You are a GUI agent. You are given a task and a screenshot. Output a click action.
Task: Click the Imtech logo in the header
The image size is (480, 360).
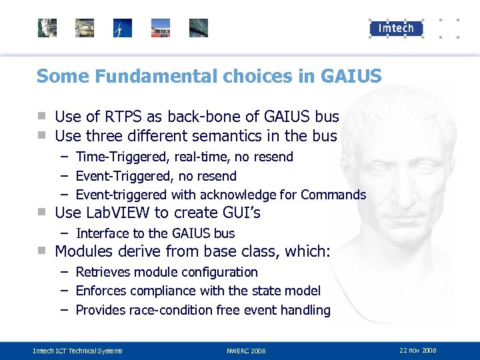point(396,28)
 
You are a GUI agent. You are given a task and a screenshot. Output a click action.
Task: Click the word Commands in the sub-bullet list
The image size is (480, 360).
point(333,195)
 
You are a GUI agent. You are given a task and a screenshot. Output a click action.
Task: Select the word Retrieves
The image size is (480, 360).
point(103,272)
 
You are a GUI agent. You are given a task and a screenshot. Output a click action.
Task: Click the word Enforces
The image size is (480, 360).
point(102,291)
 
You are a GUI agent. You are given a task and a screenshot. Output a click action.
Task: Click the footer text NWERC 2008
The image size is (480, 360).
point(246,351)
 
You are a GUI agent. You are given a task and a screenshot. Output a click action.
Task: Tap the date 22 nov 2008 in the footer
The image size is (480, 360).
point(418,350)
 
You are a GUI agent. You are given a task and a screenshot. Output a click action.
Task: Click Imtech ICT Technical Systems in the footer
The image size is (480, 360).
point(77,351)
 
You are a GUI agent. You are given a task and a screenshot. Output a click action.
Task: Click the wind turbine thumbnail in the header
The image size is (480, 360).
point(123,28)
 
